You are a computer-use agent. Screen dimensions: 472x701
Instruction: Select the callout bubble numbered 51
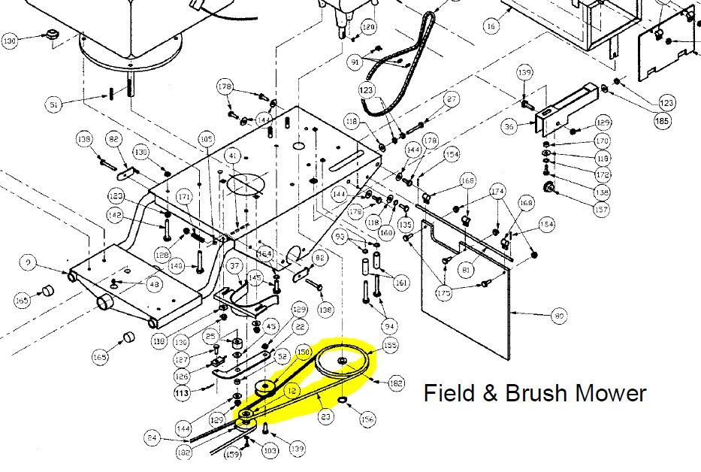(x=53, y=104)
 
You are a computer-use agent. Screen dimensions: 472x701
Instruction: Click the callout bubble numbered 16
(x=491, y=26)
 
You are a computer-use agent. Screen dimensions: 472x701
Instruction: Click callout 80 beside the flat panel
(x=558, y=316)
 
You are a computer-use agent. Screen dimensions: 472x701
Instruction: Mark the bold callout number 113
(x=182, y=392)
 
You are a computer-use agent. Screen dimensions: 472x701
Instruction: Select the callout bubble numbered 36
(x=509, y=127)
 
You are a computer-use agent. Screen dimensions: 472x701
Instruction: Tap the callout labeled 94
(x=389, y=326)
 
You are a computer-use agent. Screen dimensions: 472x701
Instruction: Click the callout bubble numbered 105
(x=206, y=139)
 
